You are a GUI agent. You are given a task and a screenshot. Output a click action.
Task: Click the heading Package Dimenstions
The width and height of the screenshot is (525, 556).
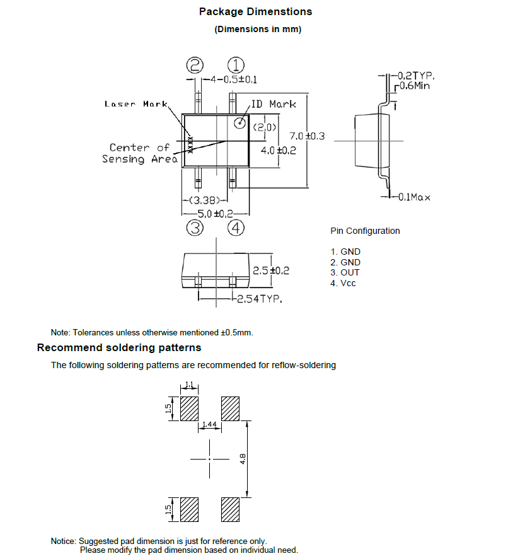tap(255, 12)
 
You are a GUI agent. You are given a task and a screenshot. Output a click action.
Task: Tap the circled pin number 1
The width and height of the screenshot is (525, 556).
tap(236, 65)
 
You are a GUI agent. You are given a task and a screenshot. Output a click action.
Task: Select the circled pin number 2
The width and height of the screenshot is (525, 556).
tap(195, 65)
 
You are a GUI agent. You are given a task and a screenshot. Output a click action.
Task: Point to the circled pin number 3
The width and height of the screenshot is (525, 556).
tap(195, 228)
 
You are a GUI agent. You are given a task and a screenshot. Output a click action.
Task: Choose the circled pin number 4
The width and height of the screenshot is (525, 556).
tap(236, 228)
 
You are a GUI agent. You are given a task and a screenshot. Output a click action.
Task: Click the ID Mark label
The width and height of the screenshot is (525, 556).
tap(274, 104)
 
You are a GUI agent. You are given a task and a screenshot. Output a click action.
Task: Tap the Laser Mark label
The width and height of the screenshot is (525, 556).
tap(136, 104)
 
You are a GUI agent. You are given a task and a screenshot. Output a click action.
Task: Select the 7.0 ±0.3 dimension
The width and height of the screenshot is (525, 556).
tap(306, 136)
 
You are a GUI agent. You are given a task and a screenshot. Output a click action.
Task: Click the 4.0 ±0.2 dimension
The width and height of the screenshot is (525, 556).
tap(278, 151)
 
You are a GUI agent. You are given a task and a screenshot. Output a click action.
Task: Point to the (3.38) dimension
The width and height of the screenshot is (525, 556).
tap(204, 201)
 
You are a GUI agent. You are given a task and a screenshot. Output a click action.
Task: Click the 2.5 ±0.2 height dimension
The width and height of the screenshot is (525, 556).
tap(270, 270)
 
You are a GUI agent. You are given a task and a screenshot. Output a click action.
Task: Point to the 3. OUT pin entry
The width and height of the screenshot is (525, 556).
tap(345, 272)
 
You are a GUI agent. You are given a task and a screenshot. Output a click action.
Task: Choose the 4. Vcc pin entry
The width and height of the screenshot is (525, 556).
tap(343, 283)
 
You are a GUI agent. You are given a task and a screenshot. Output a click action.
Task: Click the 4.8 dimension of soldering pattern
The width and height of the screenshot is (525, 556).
tap(243, 458)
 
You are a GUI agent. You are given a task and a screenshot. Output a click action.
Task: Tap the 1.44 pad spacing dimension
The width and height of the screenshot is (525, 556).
tap(209, 426)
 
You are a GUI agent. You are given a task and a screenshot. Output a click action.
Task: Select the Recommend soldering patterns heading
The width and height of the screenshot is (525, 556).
tap(119, 348)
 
